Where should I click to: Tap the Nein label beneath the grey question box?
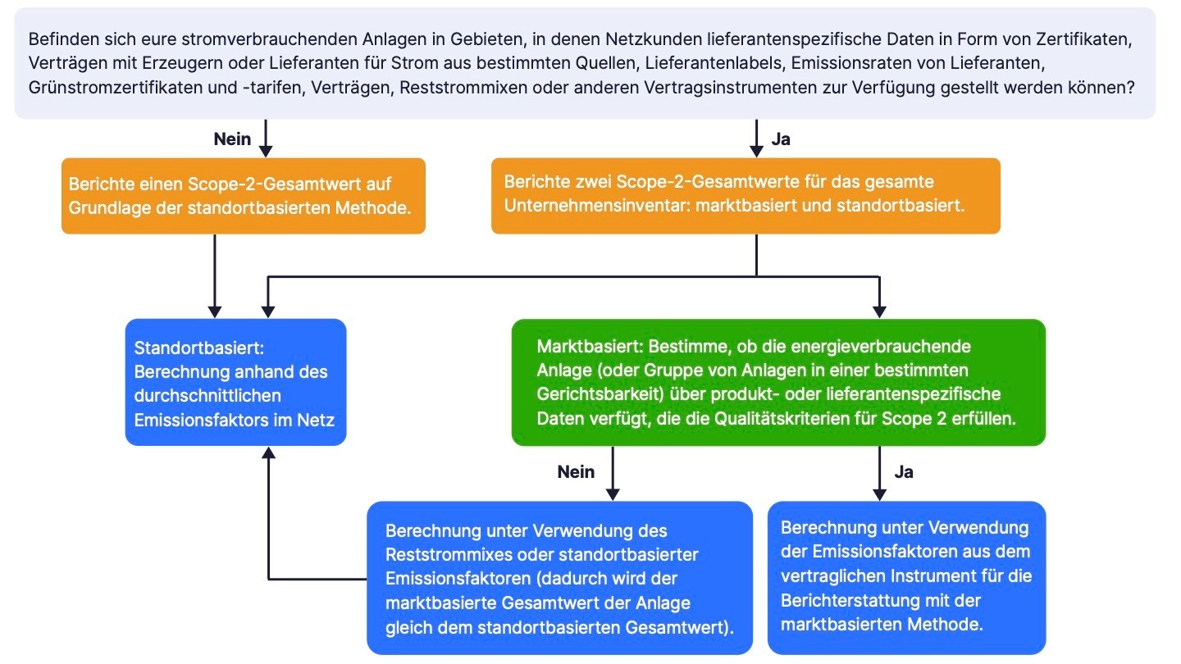(232, 139)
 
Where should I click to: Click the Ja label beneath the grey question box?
(781, 139)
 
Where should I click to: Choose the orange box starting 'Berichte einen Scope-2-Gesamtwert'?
(244, 196)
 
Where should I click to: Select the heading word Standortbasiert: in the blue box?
(199, 348)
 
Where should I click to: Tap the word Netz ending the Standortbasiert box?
(316, 420)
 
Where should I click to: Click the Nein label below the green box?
(576, 471)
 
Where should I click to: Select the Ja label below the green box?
(904, 471)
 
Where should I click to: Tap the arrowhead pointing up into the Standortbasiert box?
(268, 453)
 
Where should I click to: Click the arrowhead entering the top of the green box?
(879, 312)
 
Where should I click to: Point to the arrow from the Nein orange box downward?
(215, 276)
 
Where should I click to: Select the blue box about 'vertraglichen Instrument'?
(906, 578)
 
